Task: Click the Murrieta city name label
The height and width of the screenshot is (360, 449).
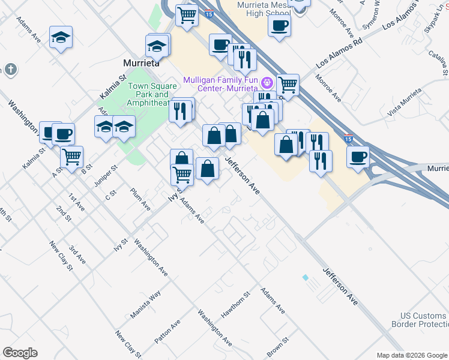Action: point(141,62)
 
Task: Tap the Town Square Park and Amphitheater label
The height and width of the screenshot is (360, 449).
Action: point(148,94)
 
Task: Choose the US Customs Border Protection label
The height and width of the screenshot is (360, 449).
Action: point(424,320)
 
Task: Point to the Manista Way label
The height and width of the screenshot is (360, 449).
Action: point(145,305)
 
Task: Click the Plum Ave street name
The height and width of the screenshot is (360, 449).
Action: point(140,199)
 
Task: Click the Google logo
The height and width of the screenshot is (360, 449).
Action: point(20,353)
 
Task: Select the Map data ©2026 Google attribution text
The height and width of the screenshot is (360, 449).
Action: point(411,355)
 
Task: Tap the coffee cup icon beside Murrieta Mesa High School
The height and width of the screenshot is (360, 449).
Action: point(280,26)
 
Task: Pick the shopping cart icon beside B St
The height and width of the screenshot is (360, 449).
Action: point(71,157)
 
